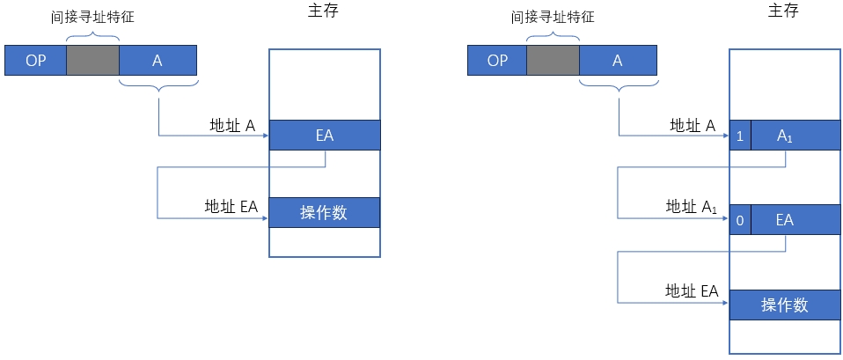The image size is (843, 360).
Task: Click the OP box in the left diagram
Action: tap(35, 60)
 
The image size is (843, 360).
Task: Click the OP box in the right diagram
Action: tap(497, 60)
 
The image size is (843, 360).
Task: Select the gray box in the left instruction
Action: tap(92, 60)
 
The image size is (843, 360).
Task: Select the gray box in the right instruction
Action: tap(553, 60)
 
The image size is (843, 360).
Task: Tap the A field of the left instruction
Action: tap(158, 60)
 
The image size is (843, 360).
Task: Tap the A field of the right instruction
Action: tap(619, 60)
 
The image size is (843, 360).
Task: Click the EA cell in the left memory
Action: tap(325, 136)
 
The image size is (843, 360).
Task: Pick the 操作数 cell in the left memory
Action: tap(325, 212)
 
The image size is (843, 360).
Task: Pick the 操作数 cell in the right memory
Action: tap(785, 305)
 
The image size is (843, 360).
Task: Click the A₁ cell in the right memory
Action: tap(795, 136)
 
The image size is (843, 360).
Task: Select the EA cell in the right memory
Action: tap(795, 220)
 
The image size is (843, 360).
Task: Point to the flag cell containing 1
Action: tap(740, 136)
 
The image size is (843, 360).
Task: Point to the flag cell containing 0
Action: tap(740, 220)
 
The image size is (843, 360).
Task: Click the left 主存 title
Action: tap(324, 12)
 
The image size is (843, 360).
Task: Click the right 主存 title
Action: tap(785, 12)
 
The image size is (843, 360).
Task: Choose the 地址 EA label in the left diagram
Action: tap(231, 207)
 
